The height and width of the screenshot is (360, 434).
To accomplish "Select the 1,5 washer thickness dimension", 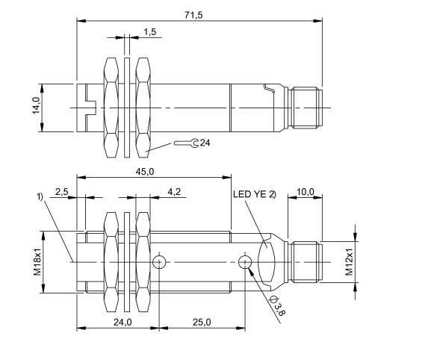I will [x=149, y=32].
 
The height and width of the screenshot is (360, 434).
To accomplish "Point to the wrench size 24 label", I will [x=205, y=142].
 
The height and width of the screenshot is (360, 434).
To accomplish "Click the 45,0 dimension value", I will [x=145, y=172].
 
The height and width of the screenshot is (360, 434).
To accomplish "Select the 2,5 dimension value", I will [x=62, y=192].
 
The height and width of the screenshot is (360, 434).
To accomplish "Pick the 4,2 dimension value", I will [x=173, y=192].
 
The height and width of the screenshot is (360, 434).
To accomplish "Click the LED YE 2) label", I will [x=254, y=195].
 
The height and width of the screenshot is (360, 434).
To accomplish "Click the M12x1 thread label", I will [x=348, y=261].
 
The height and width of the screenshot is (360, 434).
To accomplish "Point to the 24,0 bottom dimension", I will [x=123, y=322].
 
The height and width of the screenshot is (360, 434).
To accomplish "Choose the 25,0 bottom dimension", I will [x=201, y=322].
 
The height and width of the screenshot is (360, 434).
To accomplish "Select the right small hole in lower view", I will [x=245, y=261].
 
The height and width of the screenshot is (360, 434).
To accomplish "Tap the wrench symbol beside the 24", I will [x=187, y=142].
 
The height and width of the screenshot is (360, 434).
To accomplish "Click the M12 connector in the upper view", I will [x=307, y=108].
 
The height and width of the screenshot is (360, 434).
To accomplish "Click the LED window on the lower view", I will [x=268, y=261].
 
